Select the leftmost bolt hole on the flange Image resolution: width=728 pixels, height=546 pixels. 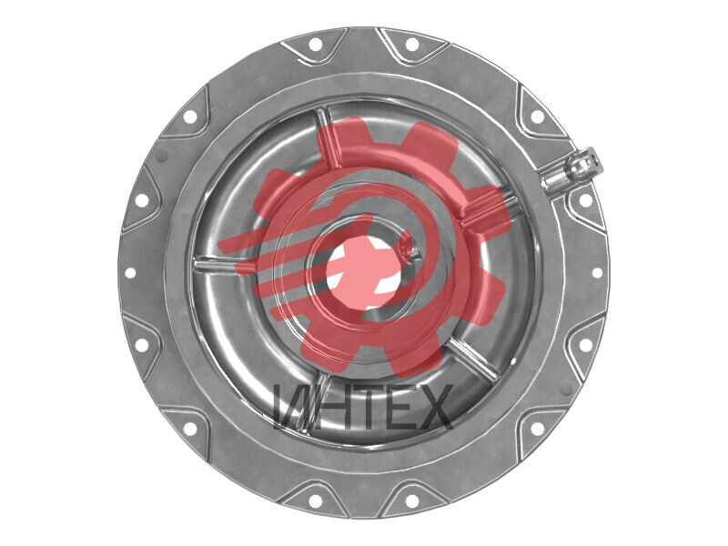click(x=130, y=273)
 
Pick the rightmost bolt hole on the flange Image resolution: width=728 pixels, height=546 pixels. click(x=597, y=273)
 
